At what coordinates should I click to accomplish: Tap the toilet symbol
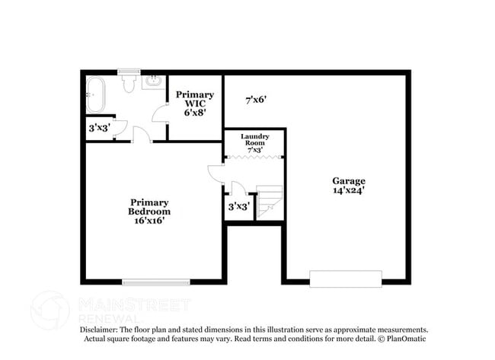tap(128, 81)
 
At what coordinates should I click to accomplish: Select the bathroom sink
tap(153, 81)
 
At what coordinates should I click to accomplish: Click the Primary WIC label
tap(195, 99)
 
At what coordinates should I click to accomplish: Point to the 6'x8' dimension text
tap(196, 112)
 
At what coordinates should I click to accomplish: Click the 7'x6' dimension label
tap(256, 99)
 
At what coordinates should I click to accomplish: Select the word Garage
tap(348, 180)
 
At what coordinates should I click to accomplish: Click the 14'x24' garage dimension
tap(348, 191)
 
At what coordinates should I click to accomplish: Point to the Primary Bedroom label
tap(149, 206)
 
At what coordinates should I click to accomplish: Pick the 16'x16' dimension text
tap(149, 221)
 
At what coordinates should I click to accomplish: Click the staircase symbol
tap(269, 202)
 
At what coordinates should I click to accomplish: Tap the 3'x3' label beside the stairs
tap(238, 206)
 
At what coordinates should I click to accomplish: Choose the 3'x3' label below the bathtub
tap(99, 128)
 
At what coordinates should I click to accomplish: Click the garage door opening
tap(346, 279)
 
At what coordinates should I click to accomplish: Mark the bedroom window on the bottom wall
tap(156, 282)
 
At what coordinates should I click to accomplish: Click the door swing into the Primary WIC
tap(161, 114)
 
